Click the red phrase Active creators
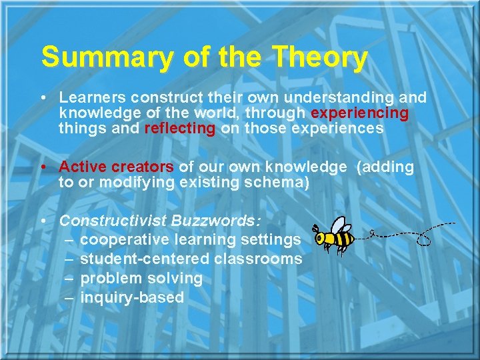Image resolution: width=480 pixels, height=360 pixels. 117,167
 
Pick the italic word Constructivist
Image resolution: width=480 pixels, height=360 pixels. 113,221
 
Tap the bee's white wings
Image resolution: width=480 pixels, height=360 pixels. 339,225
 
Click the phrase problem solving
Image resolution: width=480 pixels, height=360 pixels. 141,278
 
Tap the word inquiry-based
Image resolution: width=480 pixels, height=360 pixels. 132,297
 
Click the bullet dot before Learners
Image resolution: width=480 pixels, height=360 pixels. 43,98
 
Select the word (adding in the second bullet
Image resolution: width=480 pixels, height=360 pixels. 385,167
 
